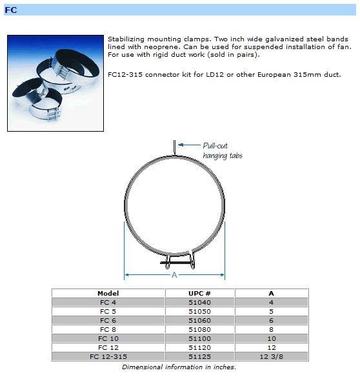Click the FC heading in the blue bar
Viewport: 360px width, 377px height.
click(x=11, y=10)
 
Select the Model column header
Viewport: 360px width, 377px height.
click(x=108, y=293)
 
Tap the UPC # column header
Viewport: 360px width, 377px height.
click(x=199, y=293)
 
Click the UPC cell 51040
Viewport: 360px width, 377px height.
click(x=199, y=302)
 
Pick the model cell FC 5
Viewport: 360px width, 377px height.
click(x=108, y=311)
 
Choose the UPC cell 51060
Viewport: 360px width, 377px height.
click(x=199, y=320)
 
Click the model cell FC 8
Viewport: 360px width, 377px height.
click(x=108, y=329)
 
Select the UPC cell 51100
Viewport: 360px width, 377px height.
click(x=199, y=338)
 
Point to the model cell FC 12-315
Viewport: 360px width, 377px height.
click(x=108, y=356)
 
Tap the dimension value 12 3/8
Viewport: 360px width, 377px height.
click(x=272, y=356)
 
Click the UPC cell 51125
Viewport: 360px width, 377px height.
click(x=199, y=356)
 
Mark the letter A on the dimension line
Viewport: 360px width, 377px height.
click(x=174, y=275)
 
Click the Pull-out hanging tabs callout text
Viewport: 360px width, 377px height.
click(x=223, y=151)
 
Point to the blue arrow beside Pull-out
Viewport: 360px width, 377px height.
click(x=189, y=145)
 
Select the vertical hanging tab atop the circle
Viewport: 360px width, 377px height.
click(x=174, y=148)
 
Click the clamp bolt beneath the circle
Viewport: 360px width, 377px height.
click(x=177, y=263)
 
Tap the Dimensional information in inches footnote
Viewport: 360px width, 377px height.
click(x=179, y=367)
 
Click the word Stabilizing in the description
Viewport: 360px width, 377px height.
click(x=126, y=39)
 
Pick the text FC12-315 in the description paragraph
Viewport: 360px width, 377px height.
click(x=125, y=74)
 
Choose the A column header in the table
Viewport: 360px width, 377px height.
click(x=272, y=293)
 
